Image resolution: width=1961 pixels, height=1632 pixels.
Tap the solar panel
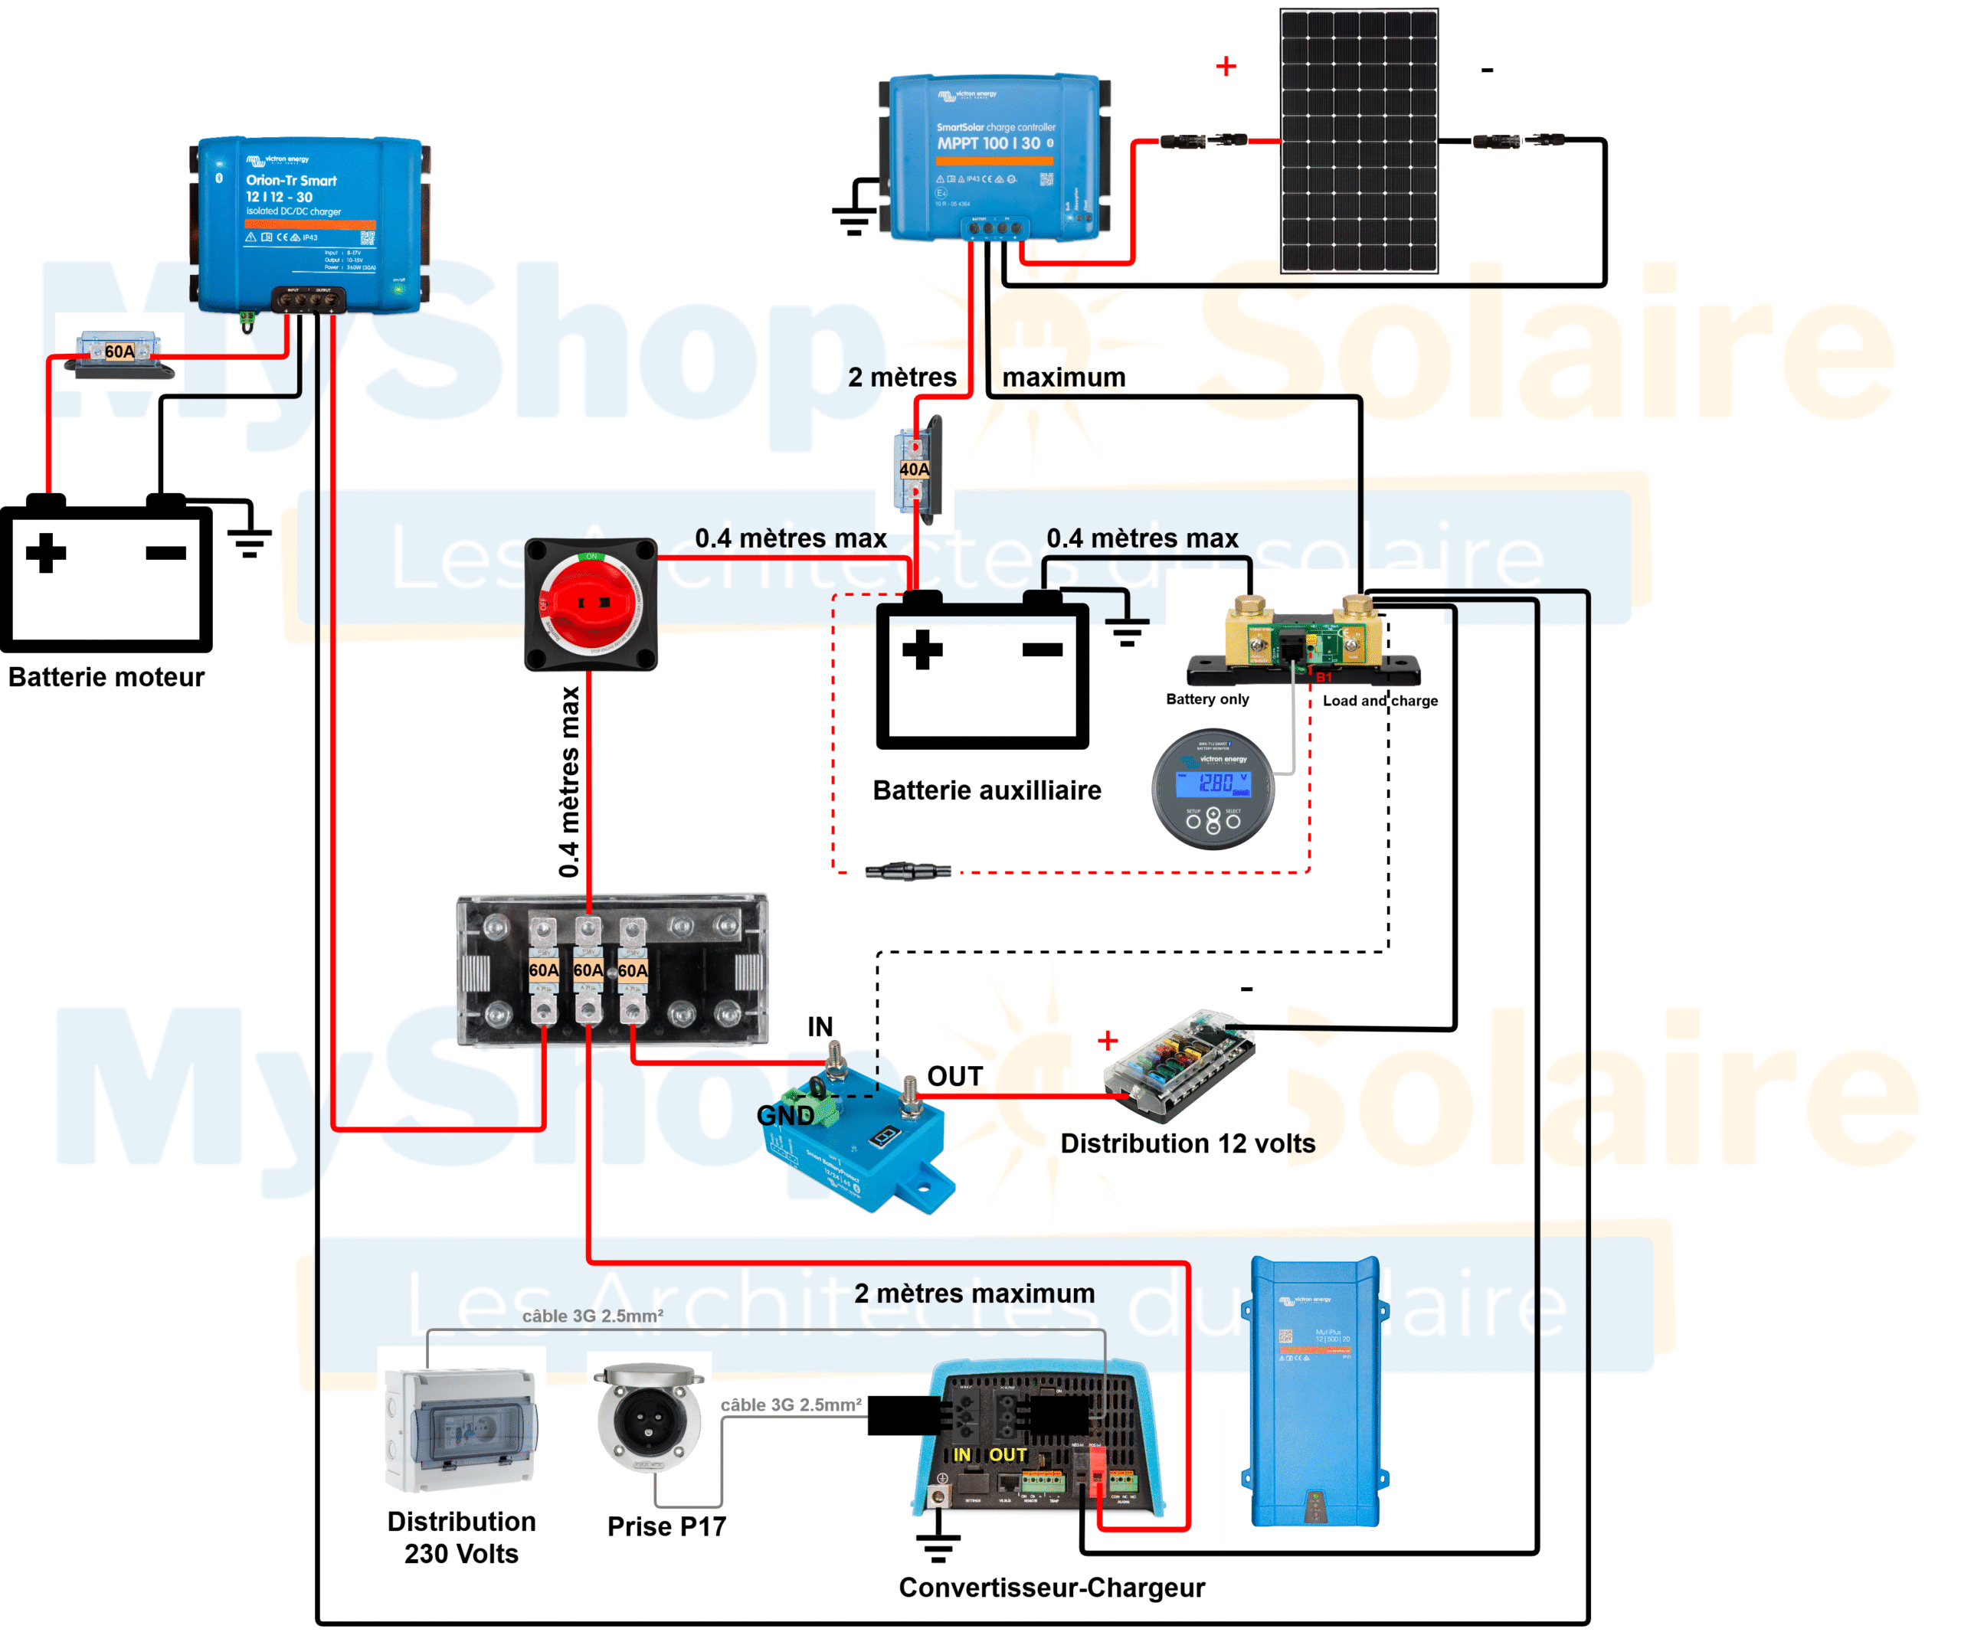[1359, 140]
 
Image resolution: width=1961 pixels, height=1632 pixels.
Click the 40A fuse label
[914, 469]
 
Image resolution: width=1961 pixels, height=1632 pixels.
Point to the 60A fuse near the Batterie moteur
[119, 352]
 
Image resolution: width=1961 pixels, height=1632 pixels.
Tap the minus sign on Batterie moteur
[166, 553]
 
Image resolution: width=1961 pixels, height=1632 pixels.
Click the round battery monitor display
[1212, 789]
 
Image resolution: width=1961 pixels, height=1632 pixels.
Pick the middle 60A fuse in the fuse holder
[588, 971]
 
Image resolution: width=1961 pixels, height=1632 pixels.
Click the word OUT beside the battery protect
[954, 1077]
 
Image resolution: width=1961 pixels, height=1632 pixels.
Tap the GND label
[784, 1116]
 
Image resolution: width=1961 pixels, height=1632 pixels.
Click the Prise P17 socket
[649, 1419]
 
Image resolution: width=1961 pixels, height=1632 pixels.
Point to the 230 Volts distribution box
[460, 1428]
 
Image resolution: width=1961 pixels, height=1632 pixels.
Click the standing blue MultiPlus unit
[1314, 1391]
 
